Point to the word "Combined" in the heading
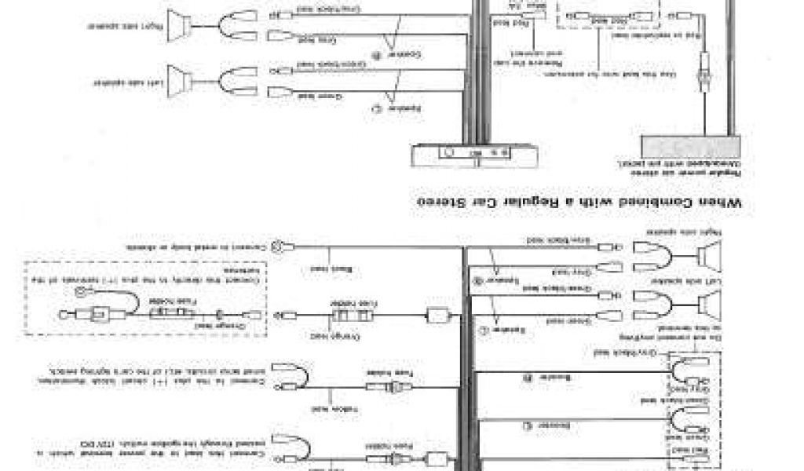(656, 203)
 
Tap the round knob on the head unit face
(448, 153)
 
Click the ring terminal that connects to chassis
(276, 246)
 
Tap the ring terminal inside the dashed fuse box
(80, 292)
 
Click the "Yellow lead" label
(320, 409)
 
